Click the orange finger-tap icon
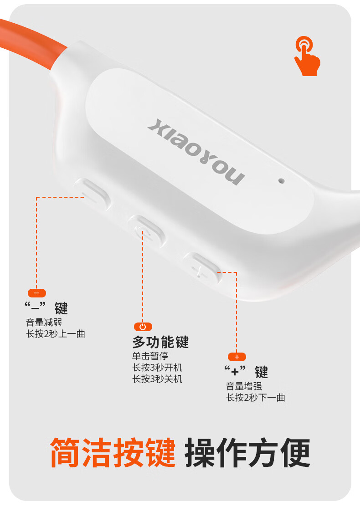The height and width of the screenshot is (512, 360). click(x=307, y=56)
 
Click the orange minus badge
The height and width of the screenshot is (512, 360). click(x=37, y=293)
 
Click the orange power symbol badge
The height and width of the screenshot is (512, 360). click(x=143, y=327)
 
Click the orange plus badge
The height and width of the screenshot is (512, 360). click(x=237, y=357)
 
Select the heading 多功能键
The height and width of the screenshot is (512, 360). click(x=160, y=342)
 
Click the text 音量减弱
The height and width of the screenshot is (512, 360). click(x=44, y=323)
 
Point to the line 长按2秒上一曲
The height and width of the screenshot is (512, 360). click(x=56, y=334)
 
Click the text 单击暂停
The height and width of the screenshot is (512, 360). click(x=150, y=356)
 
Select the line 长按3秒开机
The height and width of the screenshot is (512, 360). click(x=157, y=367)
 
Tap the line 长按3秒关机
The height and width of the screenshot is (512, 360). click(x=157, y=379)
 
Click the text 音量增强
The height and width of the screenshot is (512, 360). click(x=244, y=386)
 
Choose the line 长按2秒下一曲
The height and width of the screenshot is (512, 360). click(x=256, y=398)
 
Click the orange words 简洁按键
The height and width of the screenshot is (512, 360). click(x=113, y=453)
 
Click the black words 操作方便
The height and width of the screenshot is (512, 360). click(x=247, y=453)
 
